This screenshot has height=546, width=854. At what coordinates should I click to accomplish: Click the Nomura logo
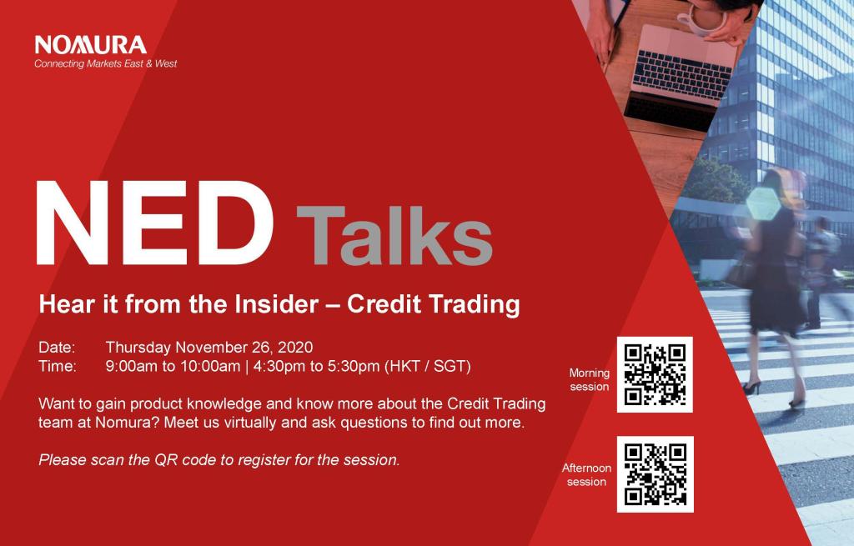click(90, 45)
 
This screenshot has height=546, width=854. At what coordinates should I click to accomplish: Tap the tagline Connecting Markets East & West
click(106, 63)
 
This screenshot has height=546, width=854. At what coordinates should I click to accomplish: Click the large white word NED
click(154, 223)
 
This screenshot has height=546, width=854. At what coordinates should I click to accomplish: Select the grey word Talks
click(394, 234)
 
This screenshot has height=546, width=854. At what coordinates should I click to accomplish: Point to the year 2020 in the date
click(295, 348)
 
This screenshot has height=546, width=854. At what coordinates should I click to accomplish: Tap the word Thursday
click(138, 348)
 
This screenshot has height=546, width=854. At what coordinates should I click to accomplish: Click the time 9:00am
click(131, 366)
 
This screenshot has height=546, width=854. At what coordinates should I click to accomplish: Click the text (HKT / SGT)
click(428, 366)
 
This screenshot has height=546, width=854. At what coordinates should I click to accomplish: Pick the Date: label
click(57, 348)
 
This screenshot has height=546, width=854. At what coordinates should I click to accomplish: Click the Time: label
click(58, 366)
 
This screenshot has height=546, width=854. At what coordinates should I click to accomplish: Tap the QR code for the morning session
click(655, 374)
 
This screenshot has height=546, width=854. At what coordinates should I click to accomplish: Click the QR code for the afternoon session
click(656, 474)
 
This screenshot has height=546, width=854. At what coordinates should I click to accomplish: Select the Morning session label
click(590, 380)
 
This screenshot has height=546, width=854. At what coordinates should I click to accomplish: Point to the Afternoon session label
click(586, 474)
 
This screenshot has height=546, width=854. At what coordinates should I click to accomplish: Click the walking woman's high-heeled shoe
click(752, 387)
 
